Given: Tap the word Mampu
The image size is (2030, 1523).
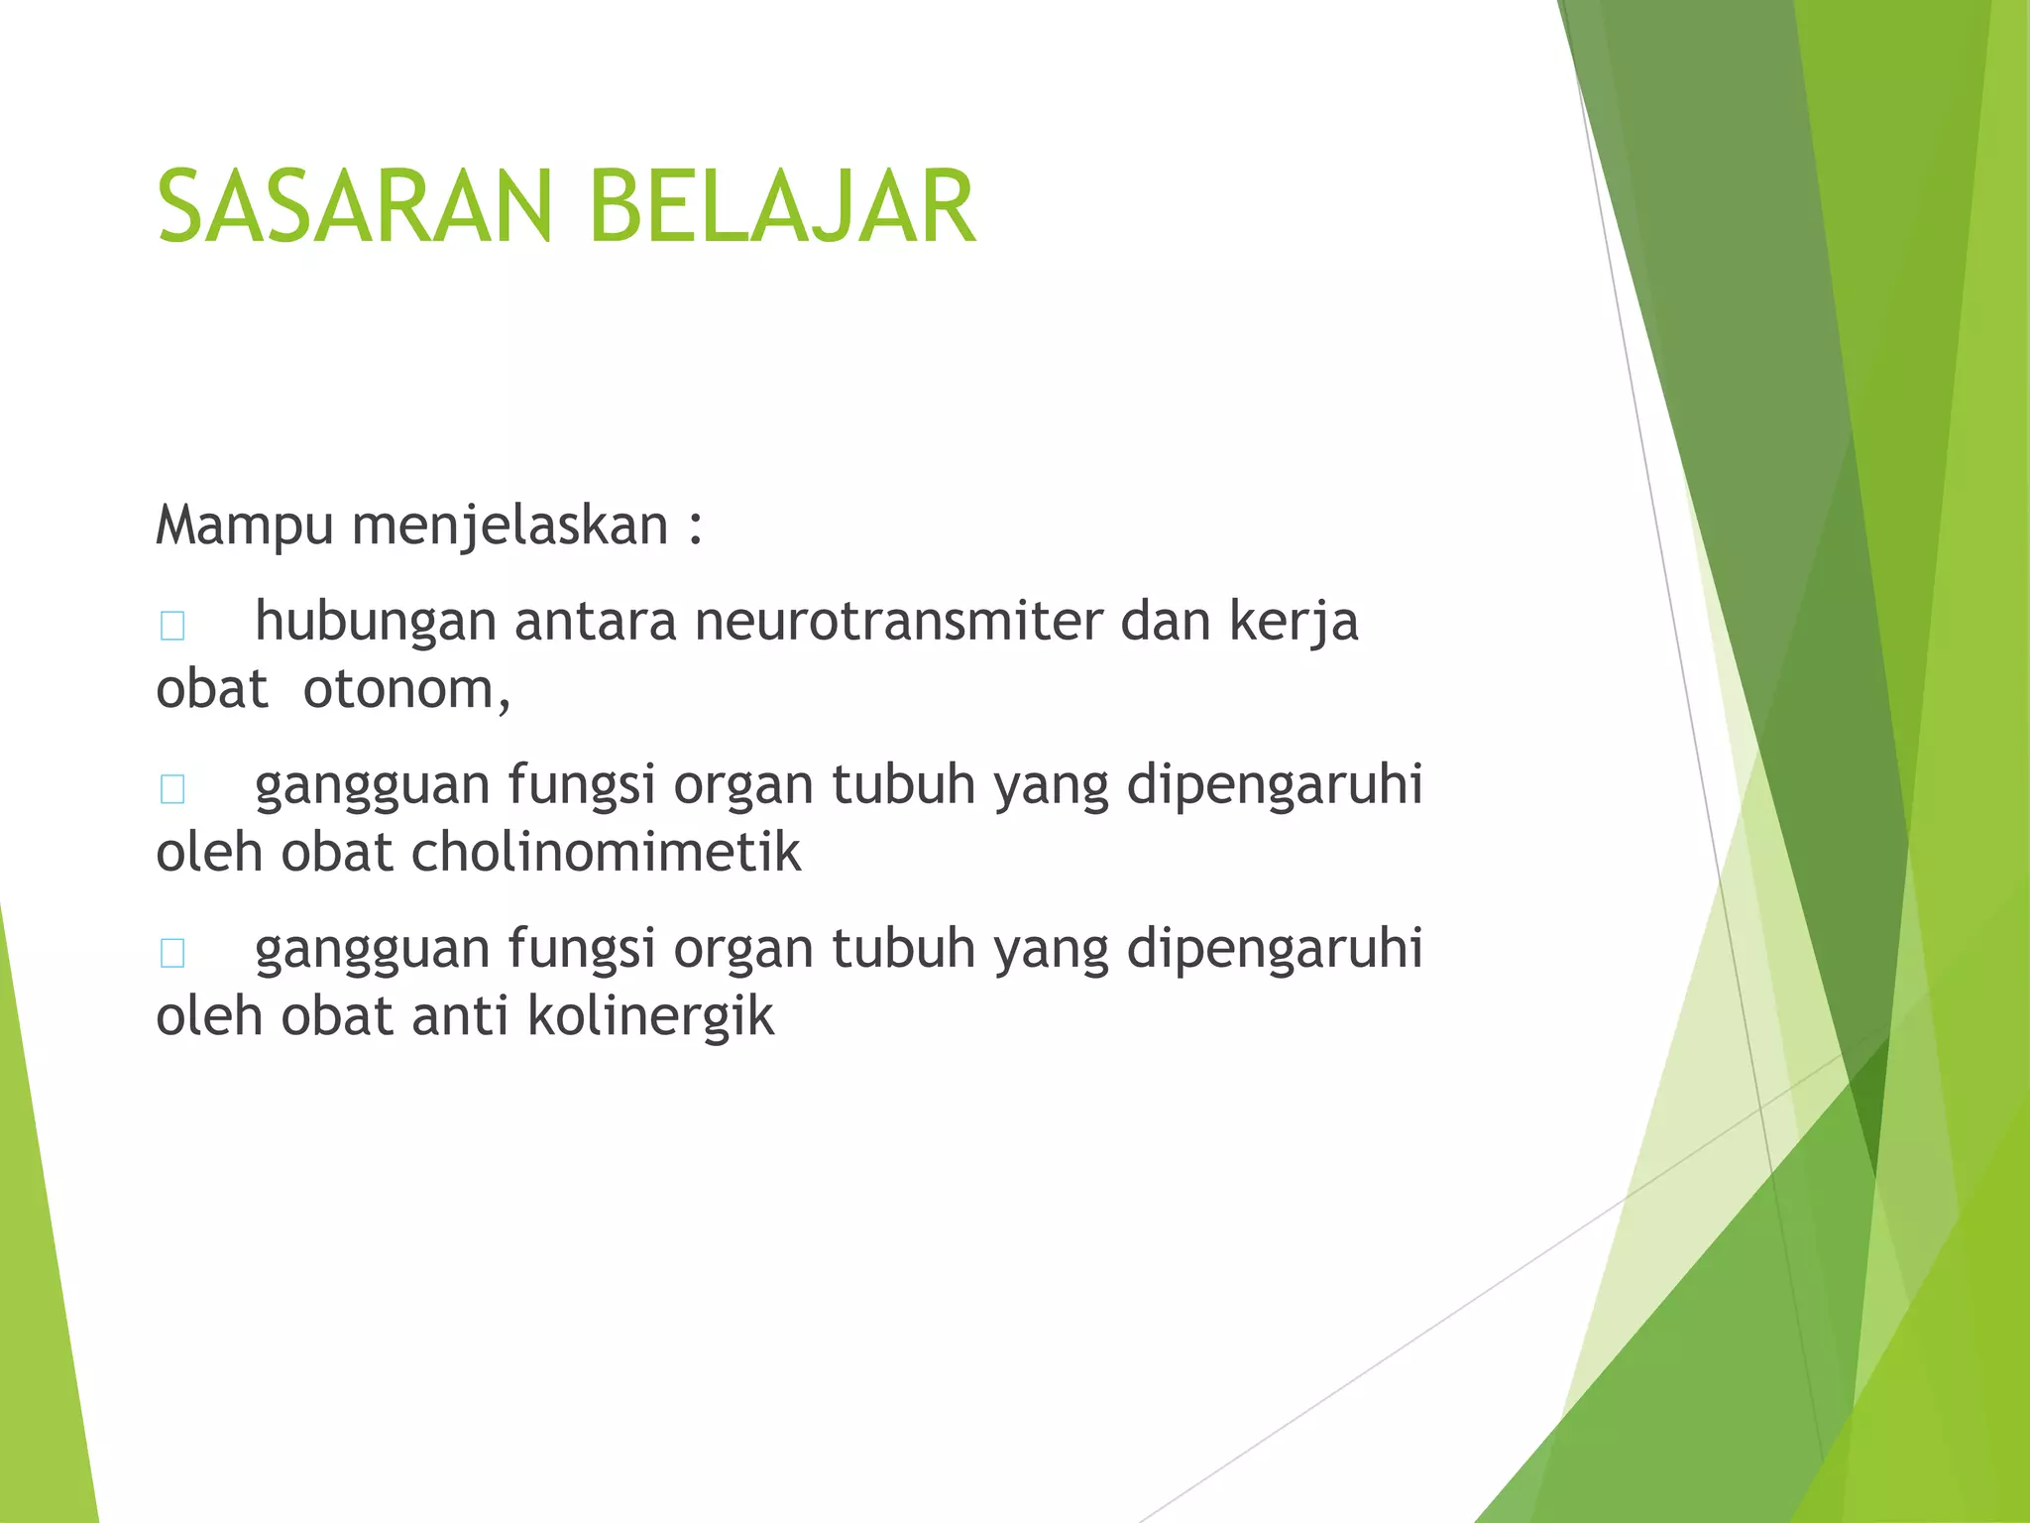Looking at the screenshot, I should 244,526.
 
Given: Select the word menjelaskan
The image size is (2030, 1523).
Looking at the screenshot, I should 510,526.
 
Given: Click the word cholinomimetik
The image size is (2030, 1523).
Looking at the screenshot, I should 606,853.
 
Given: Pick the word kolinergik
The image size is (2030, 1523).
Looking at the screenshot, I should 650,1016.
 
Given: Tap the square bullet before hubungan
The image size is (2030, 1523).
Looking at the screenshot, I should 172,627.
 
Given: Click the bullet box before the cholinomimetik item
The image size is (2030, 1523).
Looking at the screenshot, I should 172,789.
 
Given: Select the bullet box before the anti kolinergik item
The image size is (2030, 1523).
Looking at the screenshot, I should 172,953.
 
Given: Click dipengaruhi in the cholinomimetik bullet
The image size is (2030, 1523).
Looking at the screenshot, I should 1275,785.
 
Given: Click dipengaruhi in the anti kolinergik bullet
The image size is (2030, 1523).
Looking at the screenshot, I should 1275,949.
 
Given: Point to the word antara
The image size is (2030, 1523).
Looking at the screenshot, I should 595,622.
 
